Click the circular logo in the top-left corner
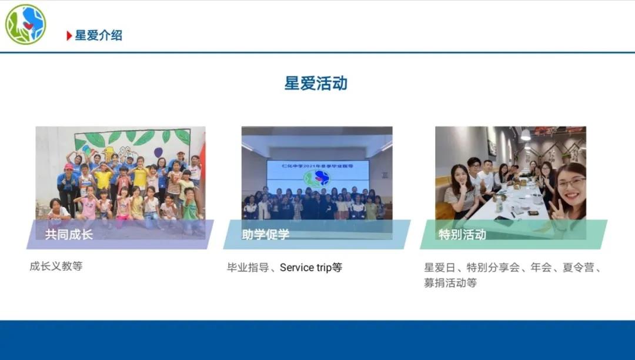25,24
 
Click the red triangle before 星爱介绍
69,36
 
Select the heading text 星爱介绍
98,36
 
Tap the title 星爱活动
316,84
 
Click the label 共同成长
69,235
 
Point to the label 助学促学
266,235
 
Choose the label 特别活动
463,235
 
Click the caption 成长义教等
56,266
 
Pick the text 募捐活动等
450,283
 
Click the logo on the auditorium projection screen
317,178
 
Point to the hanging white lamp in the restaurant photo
525,135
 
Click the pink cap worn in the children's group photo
69,166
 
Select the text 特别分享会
493,268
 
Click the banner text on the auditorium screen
317,165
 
